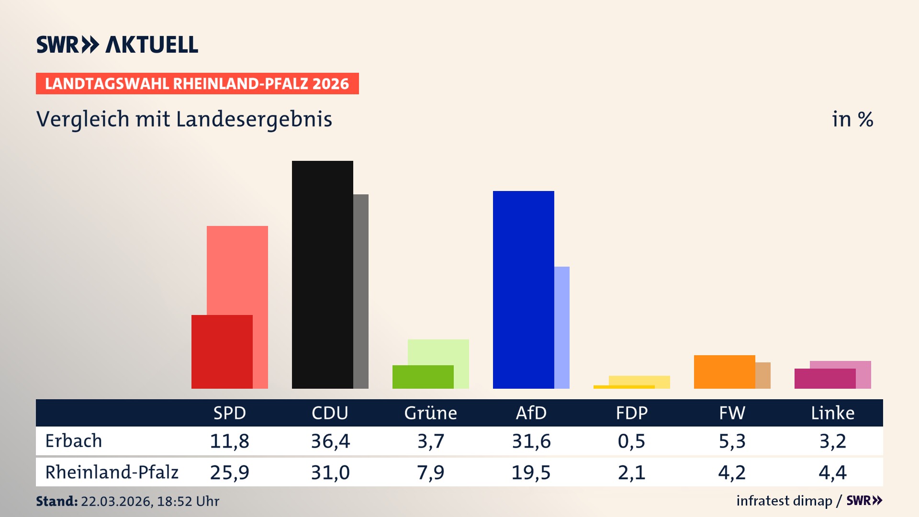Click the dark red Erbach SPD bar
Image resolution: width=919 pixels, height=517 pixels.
(222, 352)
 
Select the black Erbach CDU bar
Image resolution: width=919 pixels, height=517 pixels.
(322, 275)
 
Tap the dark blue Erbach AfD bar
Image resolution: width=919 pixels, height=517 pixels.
(523, 290)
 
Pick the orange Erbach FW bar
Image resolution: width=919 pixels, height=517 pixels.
(724, 372)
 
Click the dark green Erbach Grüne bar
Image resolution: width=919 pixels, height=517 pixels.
(423, 377)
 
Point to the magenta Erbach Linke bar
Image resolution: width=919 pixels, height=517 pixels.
(825, 379)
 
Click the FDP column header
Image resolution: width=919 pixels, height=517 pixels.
(631, 413)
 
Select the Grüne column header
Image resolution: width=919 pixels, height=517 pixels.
(430, 413)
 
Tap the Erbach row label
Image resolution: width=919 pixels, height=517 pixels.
(74, 441)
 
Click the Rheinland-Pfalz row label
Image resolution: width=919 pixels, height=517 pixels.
(112, 472)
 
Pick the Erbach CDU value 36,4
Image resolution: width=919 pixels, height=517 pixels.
(330, 441)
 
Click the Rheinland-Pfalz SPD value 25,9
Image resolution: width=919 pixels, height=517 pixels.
(229, 472)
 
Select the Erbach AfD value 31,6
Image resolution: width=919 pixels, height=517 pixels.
(531, 441)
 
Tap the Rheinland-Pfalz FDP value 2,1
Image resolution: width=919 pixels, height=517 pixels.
(631, 472)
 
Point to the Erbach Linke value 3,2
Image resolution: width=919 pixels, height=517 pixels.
(832, 441)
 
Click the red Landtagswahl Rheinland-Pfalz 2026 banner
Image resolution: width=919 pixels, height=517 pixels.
(197, 84)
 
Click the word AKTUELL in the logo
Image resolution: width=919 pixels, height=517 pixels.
(152, 45)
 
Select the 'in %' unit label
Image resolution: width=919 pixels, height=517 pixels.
(852, 119)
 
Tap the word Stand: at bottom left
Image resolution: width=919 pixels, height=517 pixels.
(56, 501)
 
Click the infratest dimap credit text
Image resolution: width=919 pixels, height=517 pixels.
(784, 501)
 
